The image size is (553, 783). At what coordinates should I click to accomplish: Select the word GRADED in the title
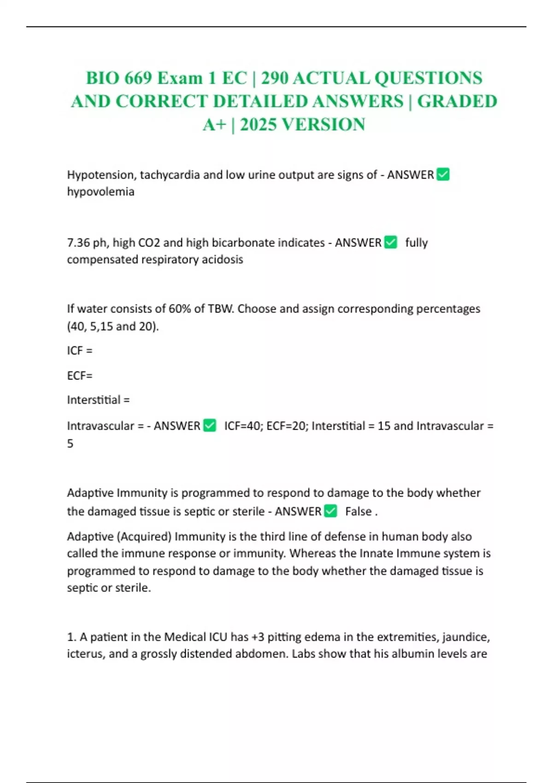(x=457, y=101)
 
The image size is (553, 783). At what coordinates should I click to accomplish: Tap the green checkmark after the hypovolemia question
(x=443, y=175)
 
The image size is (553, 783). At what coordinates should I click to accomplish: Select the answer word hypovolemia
(x=100, y=192)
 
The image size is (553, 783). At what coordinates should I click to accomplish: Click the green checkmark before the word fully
(x=390, y=242)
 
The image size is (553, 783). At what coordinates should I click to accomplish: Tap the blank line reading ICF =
(x=80, y=351)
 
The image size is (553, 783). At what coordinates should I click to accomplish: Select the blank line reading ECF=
(x=80, y=376)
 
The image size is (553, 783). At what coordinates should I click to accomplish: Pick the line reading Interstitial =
(x=98, y=400)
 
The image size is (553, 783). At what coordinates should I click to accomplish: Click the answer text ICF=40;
(x=243, y=426)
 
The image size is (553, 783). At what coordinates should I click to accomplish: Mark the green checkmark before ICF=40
(x=210, y=426)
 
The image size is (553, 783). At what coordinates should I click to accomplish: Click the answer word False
(x=358, y=512)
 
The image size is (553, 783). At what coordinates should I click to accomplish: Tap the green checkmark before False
(x=330, y=511)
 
